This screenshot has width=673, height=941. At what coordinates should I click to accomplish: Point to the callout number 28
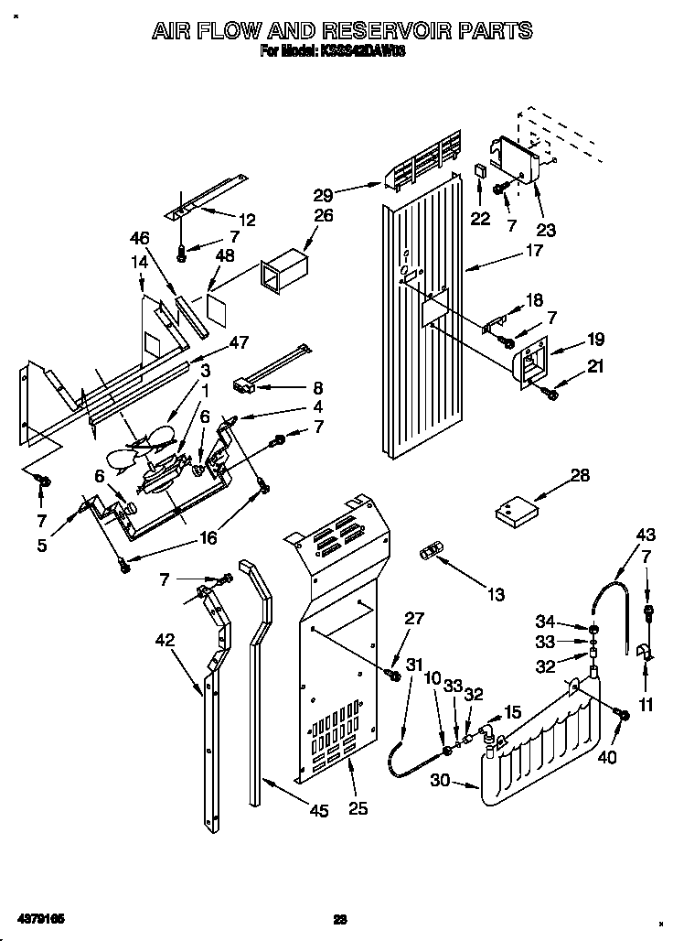tap(580, 475)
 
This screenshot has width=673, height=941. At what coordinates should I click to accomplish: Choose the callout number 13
tap(495, 595)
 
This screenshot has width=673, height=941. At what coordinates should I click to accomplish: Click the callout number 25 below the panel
tap(358, 807)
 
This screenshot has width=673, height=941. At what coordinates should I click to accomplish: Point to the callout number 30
tap(441, 779)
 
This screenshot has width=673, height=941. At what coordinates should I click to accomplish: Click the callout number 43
tap(646, 535)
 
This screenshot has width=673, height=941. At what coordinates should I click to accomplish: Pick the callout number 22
tap(480, 218)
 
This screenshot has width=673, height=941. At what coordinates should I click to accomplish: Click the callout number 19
tap(595, 340)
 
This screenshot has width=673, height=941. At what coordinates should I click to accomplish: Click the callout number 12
tap(247, 220)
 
